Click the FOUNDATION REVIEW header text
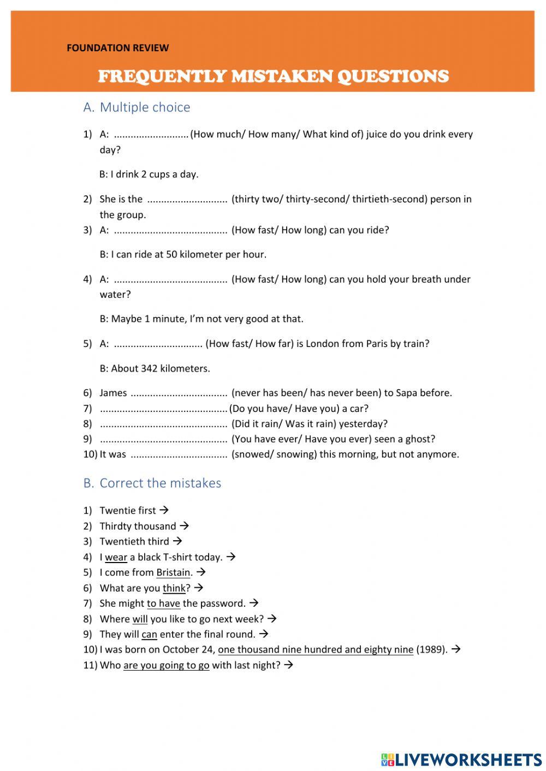(x=117, y=48)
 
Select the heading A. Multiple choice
(x=136, y=107)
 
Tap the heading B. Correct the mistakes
(x=152, y=483)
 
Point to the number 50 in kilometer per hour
(x=171, y=254)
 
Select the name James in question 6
(x=113, y=393)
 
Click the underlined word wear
(x=116, y=557)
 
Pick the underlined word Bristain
(x=173, y=572)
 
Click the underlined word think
(x=174, y=588)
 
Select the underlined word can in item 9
(x=149, y=634)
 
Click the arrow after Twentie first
(x=164, y=510)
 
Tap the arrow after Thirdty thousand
(x=184, y=526)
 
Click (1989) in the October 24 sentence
(x=431, y=649)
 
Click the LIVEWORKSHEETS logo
(x=461, y=760)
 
